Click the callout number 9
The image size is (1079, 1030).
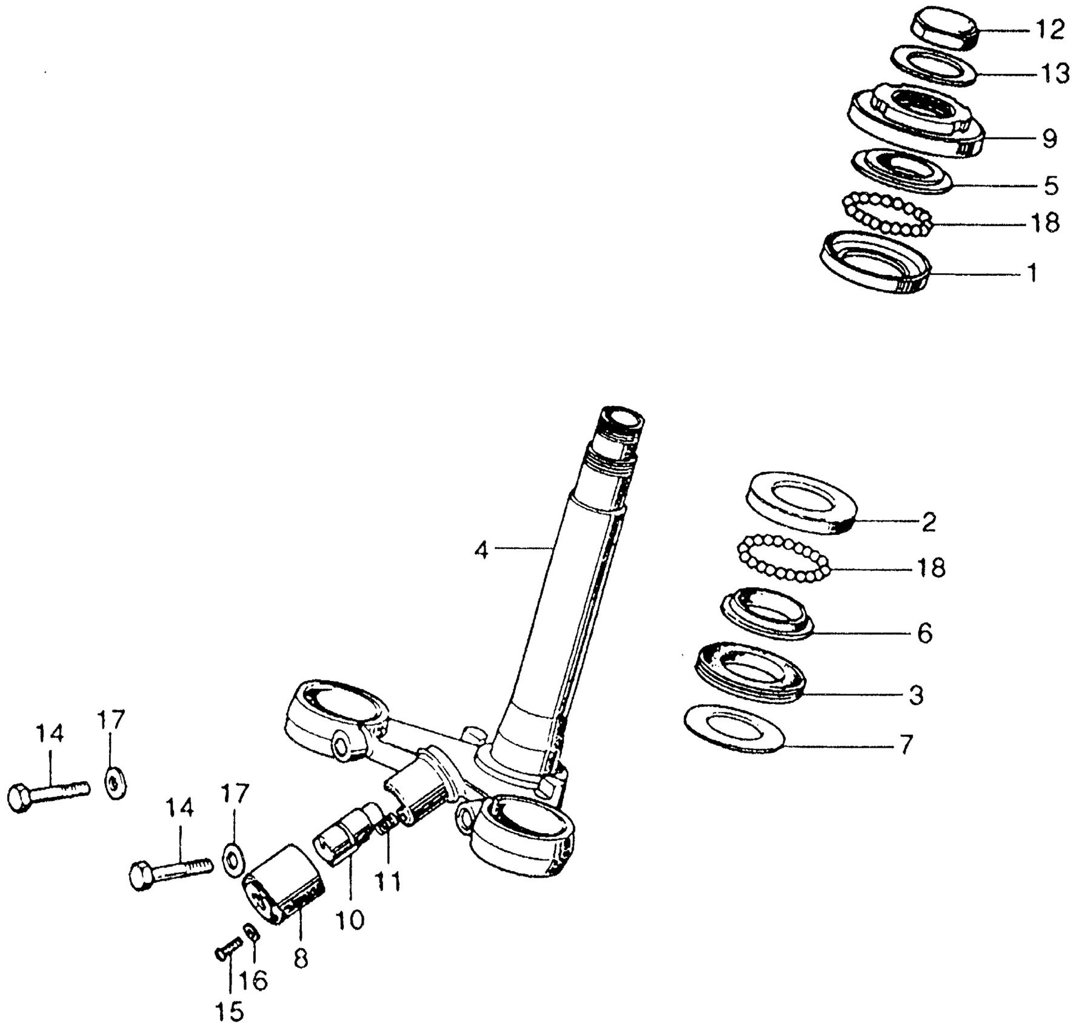coord(1050,139)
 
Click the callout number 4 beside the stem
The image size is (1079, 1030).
coord(481,551)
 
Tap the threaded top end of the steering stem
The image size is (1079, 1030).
coord(621,420)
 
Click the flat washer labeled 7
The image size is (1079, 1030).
coord(734,729)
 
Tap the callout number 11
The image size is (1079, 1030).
coord(387,881)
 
